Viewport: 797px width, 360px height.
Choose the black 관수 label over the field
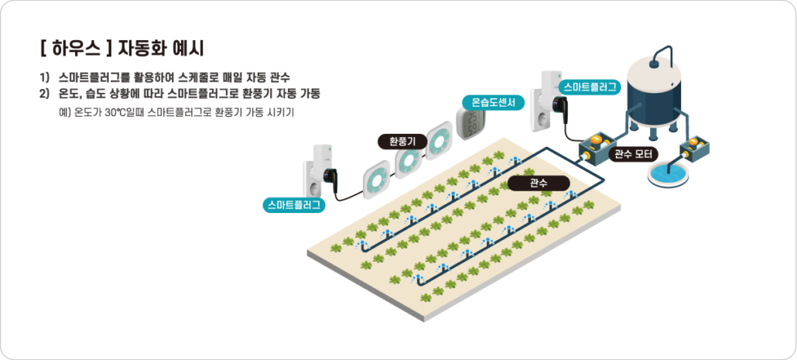539,183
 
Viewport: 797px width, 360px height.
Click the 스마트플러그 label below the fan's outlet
294,205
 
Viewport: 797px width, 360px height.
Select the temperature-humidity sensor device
470,125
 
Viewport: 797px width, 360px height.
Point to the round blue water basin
669,174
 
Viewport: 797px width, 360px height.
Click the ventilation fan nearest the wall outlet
376,176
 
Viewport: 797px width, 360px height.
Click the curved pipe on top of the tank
662,53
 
